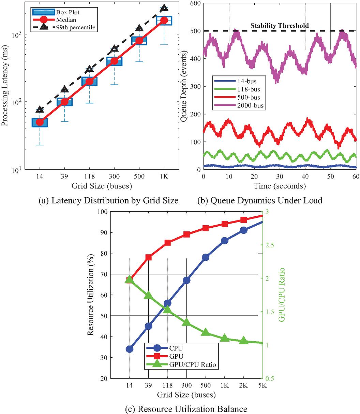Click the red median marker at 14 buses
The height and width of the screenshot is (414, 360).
pos(40,122)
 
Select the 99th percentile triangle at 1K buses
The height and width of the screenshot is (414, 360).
pos(164,8)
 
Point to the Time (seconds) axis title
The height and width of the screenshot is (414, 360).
pos(280,186)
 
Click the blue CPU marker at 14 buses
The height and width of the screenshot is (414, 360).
pos(130,349)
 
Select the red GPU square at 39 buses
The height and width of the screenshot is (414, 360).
pos(149,257)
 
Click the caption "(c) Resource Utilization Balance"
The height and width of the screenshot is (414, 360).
pos(180,408)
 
